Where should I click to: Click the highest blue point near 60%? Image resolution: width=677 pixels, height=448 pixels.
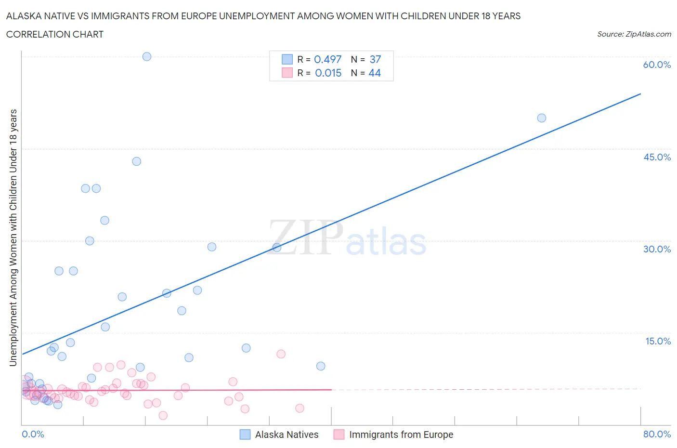[x=147, y=56]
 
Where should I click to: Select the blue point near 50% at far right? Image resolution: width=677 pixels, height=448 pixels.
[x=542, y=118]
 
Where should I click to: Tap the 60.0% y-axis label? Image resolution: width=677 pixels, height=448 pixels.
[x=657, y=65]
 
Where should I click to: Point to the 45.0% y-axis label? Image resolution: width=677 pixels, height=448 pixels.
[x=657, y=157]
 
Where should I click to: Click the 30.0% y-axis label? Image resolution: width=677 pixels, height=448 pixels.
[x=657, y=249]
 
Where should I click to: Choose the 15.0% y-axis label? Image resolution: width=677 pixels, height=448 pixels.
[x=658, y=341]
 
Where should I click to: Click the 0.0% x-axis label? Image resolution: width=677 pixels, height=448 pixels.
[x=33, y=434]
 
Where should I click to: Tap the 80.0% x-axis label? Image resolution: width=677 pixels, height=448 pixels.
[x=657, y=434]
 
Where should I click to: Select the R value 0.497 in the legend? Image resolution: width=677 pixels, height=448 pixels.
[x=327, y=59]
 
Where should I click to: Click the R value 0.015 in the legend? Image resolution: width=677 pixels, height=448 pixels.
[x=328, y=73]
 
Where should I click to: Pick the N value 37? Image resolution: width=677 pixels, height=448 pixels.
[x=375, y=59]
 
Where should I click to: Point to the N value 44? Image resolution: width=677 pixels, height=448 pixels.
[x=375, y=73]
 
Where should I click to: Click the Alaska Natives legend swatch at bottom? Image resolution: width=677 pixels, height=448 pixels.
[x=245, y=435]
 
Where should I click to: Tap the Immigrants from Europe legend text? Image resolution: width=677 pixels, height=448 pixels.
[x=401, y=435]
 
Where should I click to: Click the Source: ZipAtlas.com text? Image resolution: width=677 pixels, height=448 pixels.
[x=634, y=34]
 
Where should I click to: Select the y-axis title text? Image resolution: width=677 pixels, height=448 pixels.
[x=13, y=237]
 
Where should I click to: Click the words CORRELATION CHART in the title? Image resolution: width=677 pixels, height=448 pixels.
[x=55, y=34]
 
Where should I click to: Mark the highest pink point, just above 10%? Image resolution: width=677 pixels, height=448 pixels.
[x=281, y=354]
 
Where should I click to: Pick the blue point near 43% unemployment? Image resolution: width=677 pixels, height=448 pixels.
[x=137, y=161]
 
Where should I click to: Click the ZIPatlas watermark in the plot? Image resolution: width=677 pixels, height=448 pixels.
[x=347, y=239]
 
